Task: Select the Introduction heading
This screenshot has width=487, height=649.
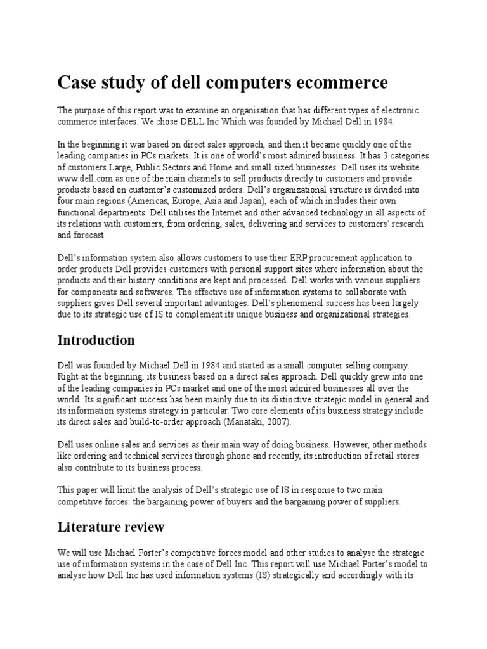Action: coord(96,340)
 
